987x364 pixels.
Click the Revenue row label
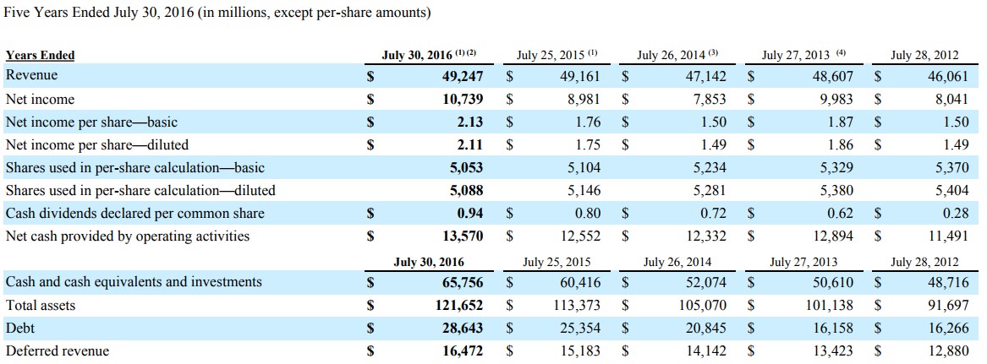pyautogui.click(x=31, y=76)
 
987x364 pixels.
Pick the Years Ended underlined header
pyautogui.click(x=40, y=55)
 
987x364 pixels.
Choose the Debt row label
pyautogui.click(x=19, y=328)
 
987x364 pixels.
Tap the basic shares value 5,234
pyautogui.click(x=709, y=167)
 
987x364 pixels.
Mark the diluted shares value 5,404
pyautogui.click(x=951, y=190)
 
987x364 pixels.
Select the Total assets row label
pyautogui.click(x=40, y=305)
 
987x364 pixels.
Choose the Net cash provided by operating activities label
pyautogui.click(x=127, y=236)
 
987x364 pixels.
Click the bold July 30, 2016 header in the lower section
pyautogui.click(x=429, y=262)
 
